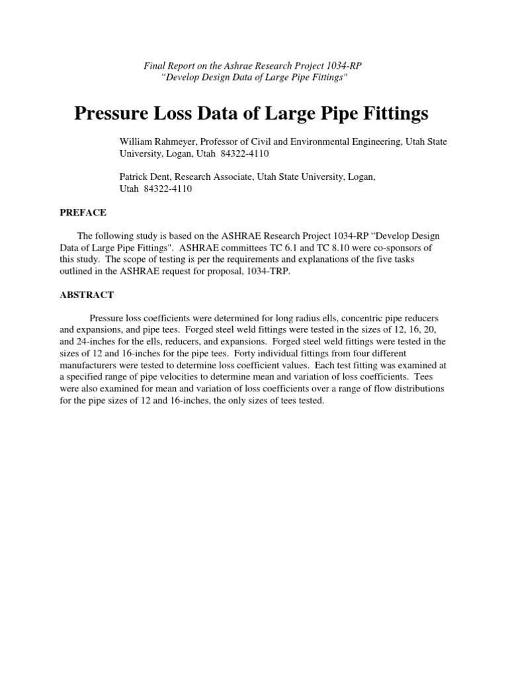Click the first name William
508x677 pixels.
click(136, 141)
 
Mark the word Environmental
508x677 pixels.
click(317, 141)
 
